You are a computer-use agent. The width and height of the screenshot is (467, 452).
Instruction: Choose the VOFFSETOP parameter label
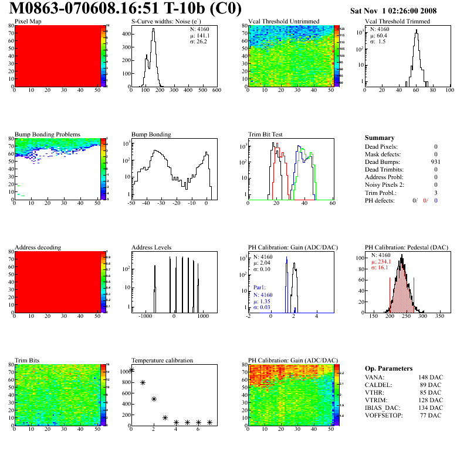(x=384, y=415)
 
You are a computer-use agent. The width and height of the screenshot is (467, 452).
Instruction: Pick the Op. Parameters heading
(x=388, y=368)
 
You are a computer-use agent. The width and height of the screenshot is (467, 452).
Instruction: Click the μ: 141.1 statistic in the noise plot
(x=199, y=35)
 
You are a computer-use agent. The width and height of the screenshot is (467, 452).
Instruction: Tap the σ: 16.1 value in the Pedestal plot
(x=380, y=267)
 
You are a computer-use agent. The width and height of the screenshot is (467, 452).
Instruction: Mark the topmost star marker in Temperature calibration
(x=131, y=369)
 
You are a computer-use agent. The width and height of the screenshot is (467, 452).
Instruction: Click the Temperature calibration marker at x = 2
(x=154, y=399)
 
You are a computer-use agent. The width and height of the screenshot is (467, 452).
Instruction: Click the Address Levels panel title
(x=151, y=248)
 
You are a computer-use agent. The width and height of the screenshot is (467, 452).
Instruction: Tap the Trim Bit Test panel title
(x=266, y=134)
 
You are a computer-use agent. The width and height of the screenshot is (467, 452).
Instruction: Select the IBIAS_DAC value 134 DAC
(x=429, y=407)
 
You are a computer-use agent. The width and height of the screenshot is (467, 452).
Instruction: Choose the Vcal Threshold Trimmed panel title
(x=397, y=22)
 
